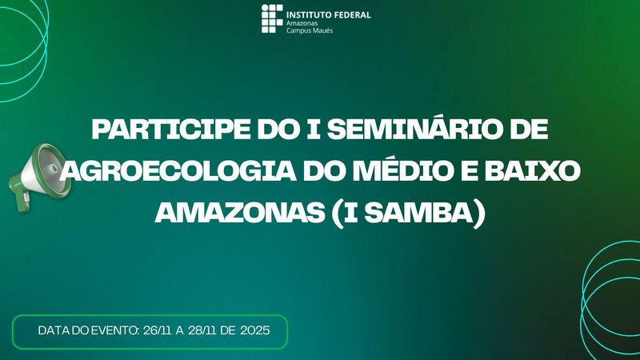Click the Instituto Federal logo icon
[272, 18]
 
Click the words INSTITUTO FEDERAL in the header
[329, 14]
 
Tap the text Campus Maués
[310, 31]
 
